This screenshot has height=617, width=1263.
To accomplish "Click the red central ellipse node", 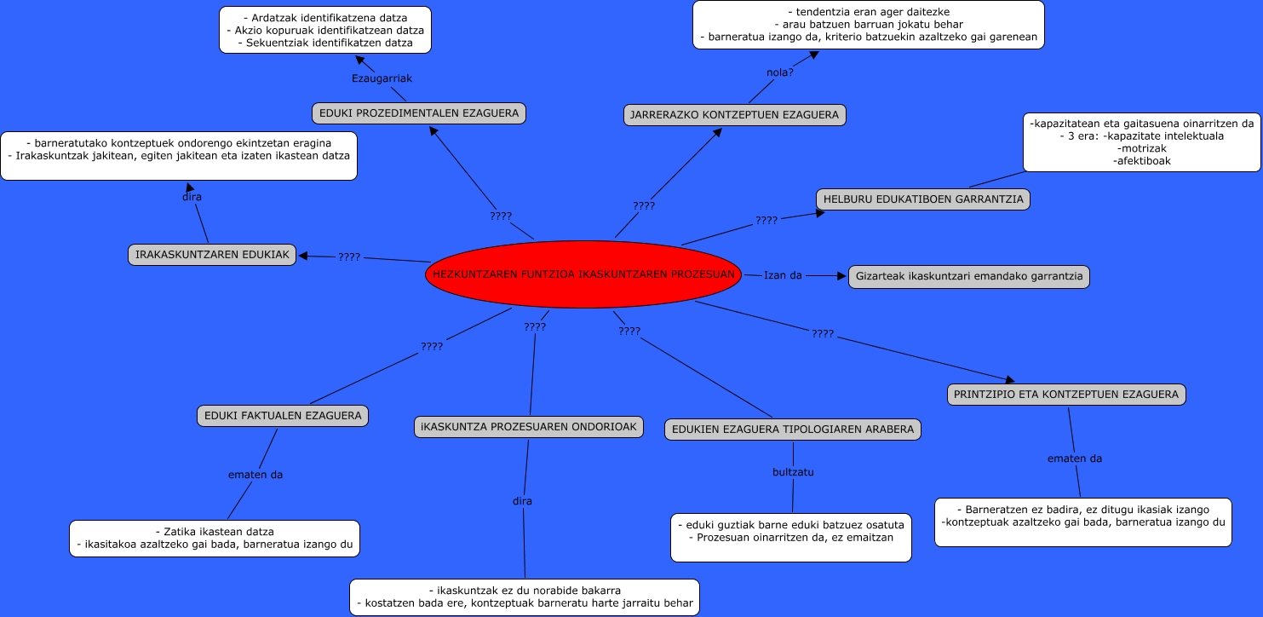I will tap(583, 274).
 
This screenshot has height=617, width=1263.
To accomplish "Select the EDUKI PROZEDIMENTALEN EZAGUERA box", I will tap(419, 112).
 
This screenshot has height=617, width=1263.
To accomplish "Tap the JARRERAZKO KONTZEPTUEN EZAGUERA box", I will tap(735, 115).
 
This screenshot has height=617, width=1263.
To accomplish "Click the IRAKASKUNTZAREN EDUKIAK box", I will tap(212, 254).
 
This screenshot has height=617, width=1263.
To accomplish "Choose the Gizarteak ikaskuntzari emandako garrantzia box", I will tap(969, 277).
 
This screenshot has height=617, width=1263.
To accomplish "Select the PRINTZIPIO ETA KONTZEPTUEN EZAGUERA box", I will tap(1066, 395).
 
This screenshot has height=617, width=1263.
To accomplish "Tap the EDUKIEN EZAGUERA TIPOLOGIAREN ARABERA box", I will tap(793, 430).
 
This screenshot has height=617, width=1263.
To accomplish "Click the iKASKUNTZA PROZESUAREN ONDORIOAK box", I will tap(529, 427).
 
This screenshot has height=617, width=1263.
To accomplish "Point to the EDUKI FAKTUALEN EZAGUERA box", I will tap(283, 416).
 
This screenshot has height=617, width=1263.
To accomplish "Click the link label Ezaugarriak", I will tap(382, 78).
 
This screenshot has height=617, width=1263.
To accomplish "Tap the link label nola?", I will tap(780, 72).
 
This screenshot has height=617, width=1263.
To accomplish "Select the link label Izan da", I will tap(783, 275).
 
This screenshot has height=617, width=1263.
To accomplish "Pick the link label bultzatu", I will tap(793, 471).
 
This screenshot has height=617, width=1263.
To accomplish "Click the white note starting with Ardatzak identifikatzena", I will tap(325, 30).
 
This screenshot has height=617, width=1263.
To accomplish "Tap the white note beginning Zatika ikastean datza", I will tap(215, 539).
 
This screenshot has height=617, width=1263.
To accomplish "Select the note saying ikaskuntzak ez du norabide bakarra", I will tap(524, 597).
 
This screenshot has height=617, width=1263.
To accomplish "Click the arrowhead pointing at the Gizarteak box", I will tap(844, 276).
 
